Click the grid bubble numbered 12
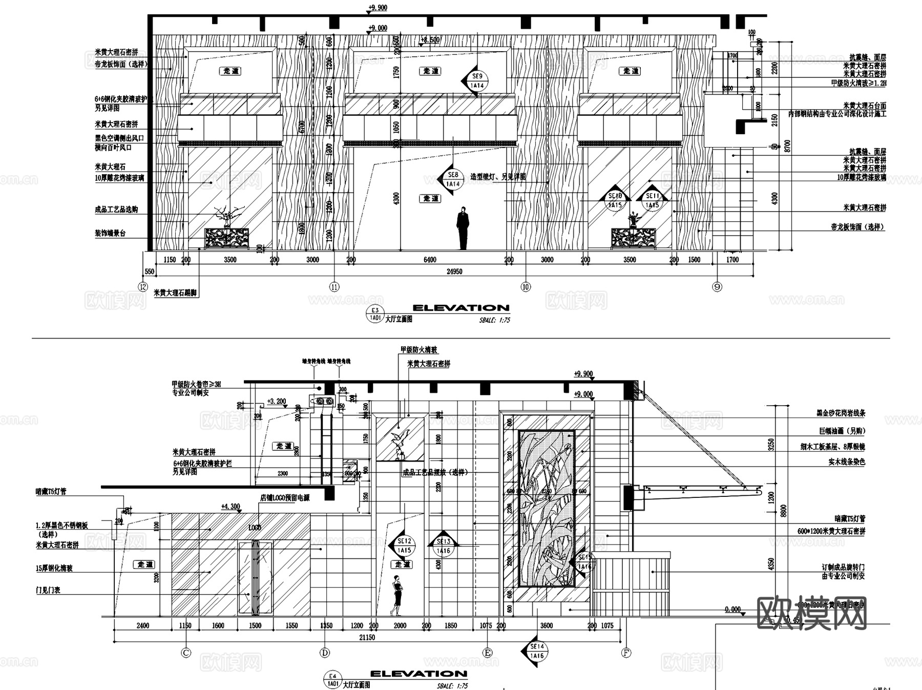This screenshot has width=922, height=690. pyautogui.click(x=143, y=286)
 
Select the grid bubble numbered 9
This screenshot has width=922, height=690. pyautogui.click(x=717, y=287)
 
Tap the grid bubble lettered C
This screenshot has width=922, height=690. pyautogui.click(x=186, y=653)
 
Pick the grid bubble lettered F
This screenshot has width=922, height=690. pyautogui.click(x=626, y=653)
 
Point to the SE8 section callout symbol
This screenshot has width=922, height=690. pyautogui.click(x=452, y=179)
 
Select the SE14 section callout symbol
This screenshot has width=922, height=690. pyautogui.click(x=536, y=652)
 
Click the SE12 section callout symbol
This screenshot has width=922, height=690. pyautogui.click(x=404, y=546)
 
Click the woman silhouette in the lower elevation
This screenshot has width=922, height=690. pyautogui.click(x=396, y=595)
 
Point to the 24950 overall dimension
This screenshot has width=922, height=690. pyautogui.click(x=454, y=271)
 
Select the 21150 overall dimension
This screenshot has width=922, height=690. pyautogui.click(x=367, y=637)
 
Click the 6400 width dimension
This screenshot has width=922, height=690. pyautogui.click(x=429, y=260)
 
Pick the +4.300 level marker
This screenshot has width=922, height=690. pyautogui.click(x=230, y=507)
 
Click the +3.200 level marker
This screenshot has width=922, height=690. pyautogui.click(x=276, y=402)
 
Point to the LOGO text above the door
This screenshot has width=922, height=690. pyautogui.click(x=255, y=527)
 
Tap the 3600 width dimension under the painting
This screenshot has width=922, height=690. pyautogui.click(x=547, y=625)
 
